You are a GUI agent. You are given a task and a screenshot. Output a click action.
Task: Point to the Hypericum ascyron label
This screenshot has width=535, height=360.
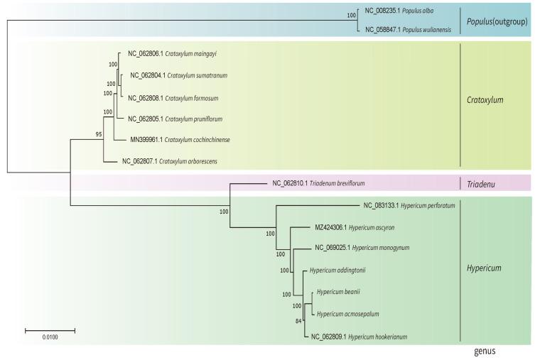pos(360,227)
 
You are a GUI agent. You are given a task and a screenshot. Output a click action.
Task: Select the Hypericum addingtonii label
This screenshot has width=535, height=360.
pos(337,270)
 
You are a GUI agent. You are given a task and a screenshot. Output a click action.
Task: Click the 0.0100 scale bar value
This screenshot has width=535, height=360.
pos(50,339)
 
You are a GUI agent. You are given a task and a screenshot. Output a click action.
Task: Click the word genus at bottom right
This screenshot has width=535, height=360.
pos(486,351)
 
